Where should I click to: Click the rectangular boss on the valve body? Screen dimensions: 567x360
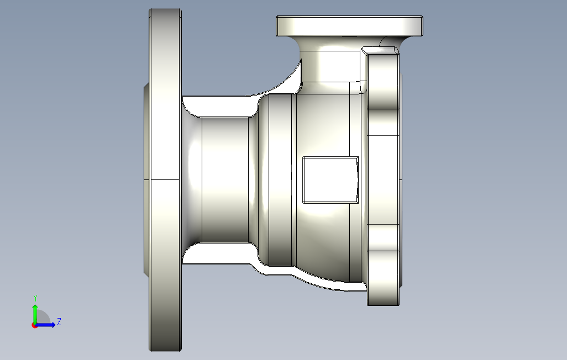[330, 179]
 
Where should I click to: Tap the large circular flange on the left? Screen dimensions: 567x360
[165, 179]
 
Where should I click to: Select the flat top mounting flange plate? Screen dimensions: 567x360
[349, 25]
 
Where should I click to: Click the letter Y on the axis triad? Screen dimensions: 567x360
[35, 298]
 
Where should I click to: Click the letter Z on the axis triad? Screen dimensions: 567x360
[59, 321]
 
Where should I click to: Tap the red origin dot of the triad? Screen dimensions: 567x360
[34, 326]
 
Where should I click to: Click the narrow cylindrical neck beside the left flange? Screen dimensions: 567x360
[225, 179]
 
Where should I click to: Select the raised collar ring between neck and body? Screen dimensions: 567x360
[280, 179]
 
